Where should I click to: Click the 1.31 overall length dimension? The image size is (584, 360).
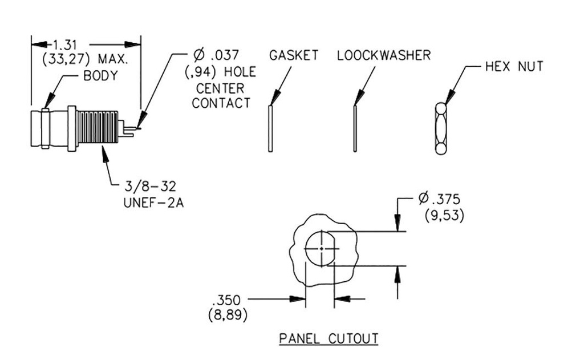point(67,44)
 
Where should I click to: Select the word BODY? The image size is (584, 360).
point(100,76)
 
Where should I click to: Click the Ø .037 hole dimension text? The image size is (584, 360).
point(216,56)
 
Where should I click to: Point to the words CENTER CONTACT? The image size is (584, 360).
point(221,96)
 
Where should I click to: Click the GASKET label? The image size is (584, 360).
point(294,55)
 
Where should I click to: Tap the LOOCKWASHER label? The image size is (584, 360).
point(383,55)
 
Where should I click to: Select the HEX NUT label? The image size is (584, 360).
point(514,66)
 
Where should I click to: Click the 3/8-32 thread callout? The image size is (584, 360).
point(152,186)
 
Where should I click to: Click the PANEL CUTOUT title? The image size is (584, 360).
point(328,338)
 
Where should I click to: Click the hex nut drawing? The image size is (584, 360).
point(440,128)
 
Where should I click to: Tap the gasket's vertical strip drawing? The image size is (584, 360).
point(270,128)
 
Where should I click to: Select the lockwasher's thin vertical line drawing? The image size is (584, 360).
point(355,128)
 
